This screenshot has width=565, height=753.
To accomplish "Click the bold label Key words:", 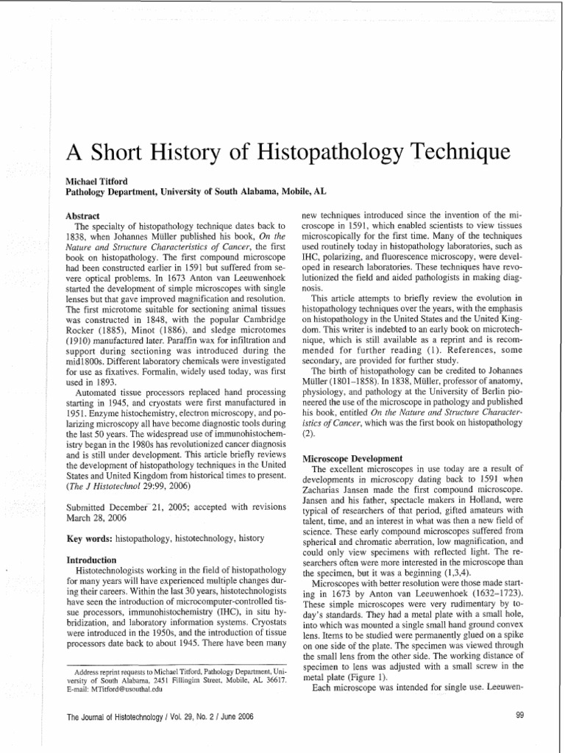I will click(x=90, y=539).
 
